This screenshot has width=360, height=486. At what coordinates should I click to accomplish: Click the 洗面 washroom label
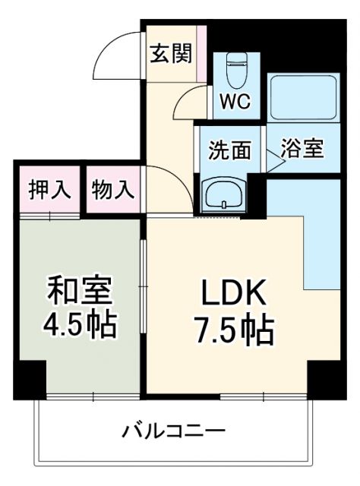[230, 150]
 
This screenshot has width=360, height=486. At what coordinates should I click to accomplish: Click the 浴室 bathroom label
[302, 149]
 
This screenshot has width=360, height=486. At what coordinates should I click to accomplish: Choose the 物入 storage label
[112, 189]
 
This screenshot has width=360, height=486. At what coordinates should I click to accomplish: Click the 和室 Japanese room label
[79, 290]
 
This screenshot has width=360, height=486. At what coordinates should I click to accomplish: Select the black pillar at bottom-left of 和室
[30, 379]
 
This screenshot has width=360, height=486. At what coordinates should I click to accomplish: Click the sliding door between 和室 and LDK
[143, 289]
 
